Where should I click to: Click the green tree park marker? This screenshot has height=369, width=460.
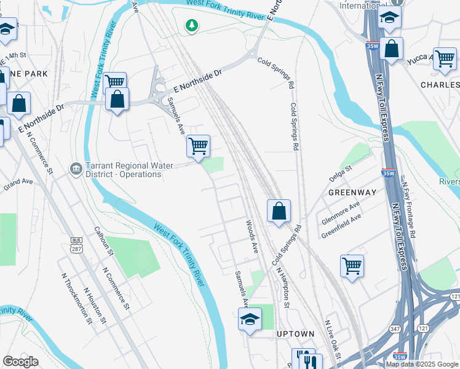192,26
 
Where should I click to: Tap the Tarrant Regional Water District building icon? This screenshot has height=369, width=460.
76,167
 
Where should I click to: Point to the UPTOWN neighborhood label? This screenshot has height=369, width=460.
296,334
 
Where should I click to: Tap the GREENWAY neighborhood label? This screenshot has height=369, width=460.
352,192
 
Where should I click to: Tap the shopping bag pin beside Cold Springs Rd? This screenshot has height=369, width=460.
279,211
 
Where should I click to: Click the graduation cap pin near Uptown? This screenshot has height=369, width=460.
250,319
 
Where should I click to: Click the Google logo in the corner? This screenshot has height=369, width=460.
20,361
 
